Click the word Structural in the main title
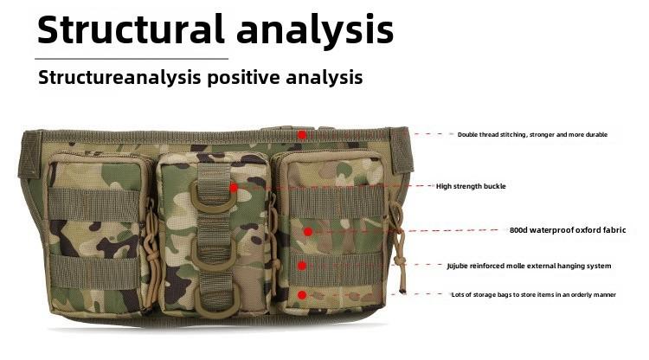point(131,29)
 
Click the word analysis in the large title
point(315,31)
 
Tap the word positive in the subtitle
point(244,78)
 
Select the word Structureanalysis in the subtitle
point(119,78)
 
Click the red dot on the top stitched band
point(302,135)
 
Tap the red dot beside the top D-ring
point(234,188)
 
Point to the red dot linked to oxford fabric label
point(307,232)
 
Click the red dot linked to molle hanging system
point(302,266)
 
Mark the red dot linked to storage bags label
point(302,295)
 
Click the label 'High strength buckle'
point(471,187)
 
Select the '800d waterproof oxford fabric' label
point(568,230)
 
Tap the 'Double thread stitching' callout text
point(533,134)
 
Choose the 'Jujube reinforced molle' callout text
point(529,266)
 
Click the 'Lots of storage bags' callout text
point(534,294)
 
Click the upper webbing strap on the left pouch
point(94,204)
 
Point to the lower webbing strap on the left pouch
point(95,272)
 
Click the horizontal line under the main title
point(132,59)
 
